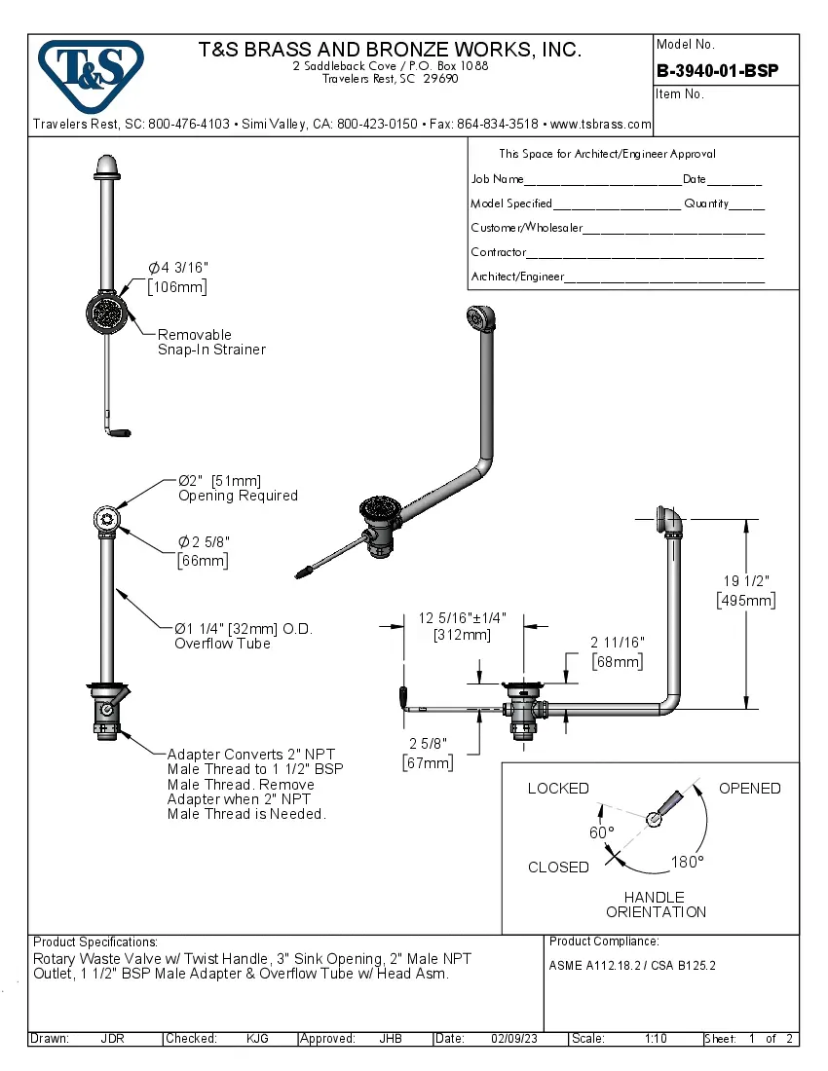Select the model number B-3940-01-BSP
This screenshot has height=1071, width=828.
[717, 70]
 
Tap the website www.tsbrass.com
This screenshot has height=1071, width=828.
[600, 125]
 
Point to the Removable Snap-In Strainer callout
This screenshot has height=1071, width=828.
[211, 342]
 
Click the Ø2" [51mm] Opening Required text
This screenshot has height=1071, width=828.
[237, 488]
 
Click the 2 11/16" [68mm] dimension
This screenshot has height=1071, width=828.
[618, 652]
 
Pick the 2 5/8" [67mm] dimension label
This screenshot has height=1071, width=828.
[428, 753]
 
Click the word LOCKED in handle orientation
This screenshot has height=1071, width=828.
[558, 789]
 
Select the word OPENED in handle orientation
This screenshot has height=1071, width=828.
[749, 789]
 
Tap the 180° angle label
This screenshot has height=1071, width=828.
[687, 862]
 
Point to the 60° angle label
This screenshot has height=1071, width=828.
[601, 832]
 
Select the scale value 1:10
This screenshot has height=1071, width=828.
[655, 1039]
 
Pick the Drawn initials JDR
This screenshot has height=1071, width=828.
[112, 1039]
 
